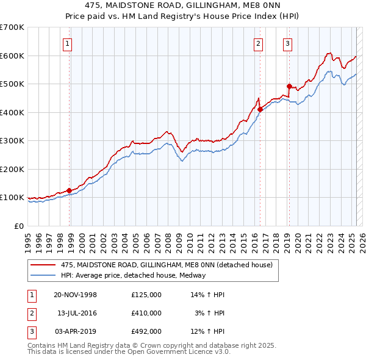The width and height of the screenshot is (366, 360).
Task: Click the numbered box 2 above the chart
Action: (259, 43)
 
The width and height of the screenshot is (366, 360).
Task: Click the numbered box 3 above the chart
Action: (287, 43)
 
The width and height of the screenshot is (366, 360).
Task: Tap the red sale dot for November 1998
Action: (69, 190)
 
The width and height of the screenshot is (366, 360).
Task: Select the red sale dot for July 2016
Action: (260, 110)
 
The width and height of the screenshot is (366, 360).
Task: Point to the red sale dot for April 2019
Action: (289, 86)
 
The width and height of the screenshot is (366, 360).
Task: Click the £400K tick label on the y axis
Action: (12, 112)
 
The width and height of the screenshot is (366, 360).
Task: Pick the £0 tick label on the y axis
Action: (18, 226)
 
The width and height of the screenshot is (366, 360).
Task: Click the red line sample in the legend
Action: (43, 265)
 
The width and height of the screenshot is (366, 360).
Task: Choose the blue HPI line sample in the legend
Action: (43, 275)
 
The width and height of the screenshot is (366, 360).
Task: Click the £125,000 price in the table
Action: (146, 295)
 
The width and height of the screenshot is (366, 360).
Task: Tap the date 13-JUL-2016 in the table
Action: (77, 312)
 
